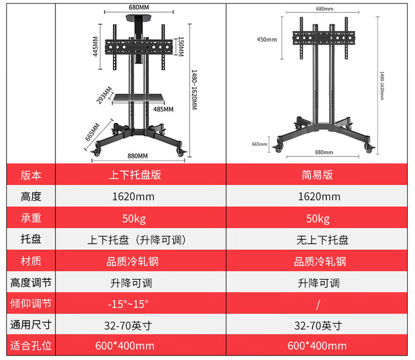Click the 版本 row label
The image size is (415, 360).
click(31, 175)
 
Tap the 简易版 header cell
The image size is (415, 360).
click(318, 175)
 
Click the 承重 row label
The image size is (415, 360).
click(31, 218)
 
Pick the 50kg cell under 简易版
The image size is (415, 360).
click(318, 218)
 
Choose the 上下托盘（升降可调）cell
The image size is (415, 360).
click(136, 240)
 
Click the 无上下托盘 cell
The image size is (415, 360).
click(318, 240)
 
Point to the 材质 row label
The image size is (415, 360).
click(31, 261)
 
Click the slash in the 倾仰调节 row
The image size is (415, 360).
click(318, 304)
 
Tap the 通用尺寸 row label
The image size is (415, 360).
click(31, 325)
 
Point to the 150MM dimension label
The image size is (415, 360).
click(181, 45)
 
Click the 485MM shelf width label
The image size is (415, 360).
click(163, 109)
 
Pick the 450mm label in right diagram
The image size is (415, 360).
click(267, 39)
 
